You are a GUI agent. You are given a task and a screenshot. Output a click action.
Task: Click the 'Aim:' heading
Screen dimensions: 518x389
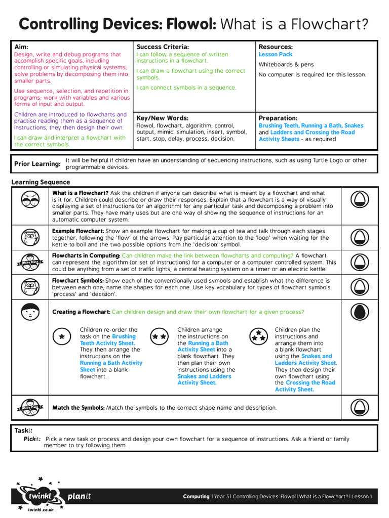point(21,47)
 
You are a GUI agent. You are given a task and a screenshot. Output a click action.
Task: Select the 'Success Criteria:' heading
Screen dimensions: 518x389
point(163,47)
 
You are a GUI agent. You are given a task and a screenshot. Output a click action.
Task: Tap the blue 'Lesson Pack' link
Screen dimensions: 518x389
point(276,55)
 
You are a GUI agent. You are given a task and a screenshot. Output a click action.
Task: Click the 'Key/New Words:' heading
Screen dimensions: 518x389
point(162,118)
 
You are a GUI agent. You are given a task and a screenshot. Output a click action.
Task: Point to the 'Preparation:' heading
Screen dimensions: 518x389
point(278,118)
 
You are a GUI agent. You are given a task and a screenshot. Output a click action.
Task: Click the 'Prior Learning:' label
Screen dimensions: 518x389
point(37,164)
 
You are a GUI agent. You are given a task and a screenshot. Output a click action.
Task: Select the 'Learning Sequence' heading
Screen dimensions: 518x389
point(41,182)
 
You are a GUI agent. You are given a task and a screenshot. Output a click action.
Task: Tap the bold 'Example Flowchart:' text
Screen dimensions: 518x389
point(78,231)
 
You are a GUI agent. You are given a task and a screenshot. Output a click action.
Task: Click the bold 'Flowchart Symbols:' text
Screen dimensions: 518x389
point(78,281)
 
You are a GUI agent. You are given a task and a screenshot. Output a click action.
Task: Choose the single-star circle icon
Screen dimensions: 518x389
point(61,336)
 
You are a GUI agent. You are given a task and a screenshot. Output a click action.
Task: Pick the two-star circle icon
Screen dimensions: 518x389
point(159,336)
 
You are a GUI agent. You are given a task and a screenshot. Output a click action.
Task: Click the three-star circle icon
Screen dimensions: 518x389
point(259,336)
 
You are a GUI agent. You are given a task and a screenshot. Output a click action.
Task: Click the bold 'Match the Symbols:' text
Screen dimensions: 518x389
point(79,408)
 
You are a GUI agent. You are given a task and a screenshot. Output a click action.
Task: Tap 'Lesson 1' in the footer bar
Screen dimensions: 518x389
point(362,497)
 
